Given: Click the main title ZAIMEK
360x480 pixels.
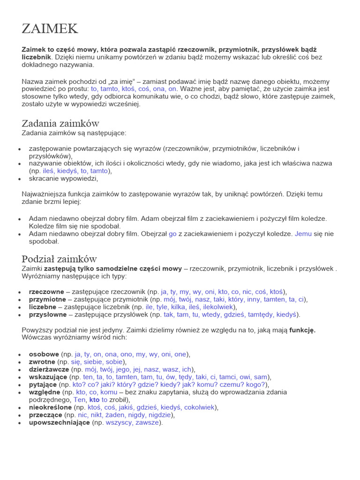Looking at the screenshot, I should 50,29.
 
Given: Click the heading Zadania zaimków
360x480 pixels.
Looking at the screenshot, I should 60,123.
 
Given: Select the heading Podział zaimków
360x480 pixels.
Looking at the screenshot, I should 60,259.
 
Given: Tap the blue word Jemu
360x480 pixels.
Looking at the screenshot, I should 303,233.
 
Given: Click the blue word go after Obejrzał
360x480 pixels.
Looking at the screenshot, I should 172,233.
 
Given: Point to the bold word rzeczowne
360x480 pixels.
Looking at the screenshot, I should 47,291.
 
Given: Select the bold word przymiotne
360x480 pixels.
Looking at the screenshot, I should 47,299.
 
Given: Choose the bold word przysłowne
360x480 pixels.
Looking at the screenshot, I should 48,315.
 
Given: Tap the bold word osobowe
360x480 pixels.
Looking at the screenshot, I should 44,354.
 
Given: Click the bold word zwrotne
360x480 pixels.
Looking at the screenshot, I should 42,362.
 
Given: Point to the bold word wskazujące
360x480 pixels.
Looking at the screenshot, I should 48,377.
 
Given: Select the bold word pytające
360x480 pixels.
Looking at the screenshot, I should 44,384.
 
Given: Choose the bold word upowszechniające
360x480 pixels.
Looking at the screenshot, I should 60,422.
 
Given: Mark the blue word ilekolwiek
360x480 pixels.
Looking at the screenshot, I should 217,307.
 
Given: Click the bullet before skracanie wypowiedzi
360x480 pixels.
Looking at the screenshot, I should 19,179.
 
